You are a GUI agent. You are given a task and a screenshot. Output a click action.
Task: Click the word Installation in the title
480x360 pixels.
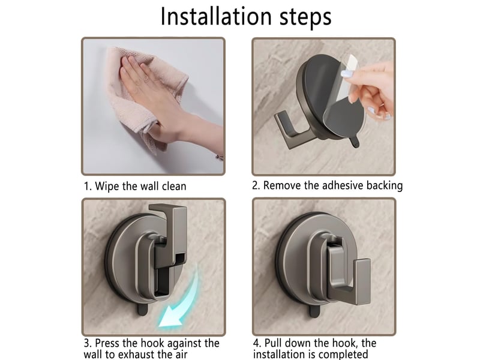(x=216, y=17)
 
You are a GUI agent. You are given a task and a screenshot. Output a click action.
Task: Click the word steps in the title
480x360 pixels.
(x=305, y=18)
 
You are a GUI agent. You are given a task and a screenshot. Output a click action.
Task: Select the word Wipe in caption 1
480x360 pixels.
(x=107, y=187)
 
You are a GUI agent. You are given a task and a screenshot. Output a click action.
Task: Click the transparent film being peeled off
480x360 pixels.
(x=343, y=101)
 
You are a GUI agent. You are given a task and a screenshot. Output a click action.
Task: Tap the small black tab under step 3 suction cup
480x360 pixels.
(x=143, y=309)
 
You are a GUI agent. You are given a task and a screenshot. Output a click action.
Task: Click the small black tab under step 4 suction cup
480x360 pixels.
(x=314, y=311)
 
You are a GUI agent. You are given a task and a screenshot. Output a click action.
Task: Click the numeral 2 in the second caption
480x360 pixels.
(x=255, y=186)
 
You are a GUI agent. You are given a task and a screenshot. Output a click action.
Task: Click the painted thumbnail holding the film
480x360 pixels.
(x=346, y=74)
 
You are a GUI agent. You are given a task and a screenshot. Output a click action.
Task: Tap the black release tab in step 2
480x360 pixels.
(x=355, y=142)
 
